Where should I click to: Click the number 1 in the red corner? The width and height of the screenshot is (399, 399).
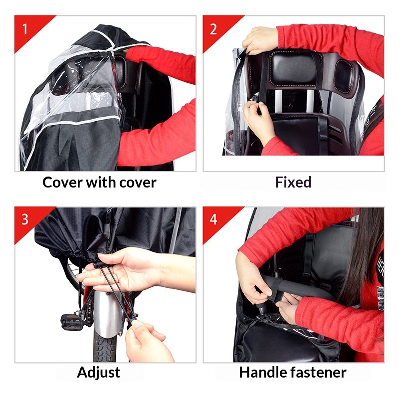click(x=24, y=29)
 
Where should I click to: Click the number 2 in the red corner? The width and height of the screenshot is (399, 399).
click(x=213, y=29)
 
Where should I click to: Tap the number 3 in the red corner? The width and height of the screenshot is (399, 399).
click(x=25, y=219)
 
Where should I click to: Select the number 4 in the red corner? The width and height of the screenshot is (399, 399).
click(x=213, y=219)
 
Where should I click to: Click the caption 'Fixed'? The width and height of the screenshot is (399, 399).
click(x=293, y=182)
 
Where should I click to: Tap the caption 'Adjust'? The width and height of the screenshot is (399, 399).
click(x=98, y=373)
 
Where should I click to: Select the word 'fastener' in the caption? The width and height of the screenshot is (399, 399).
click(x=319, y=372)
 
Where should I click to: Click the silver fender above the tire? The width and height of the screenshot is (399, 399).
click(x=108, y=314)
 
